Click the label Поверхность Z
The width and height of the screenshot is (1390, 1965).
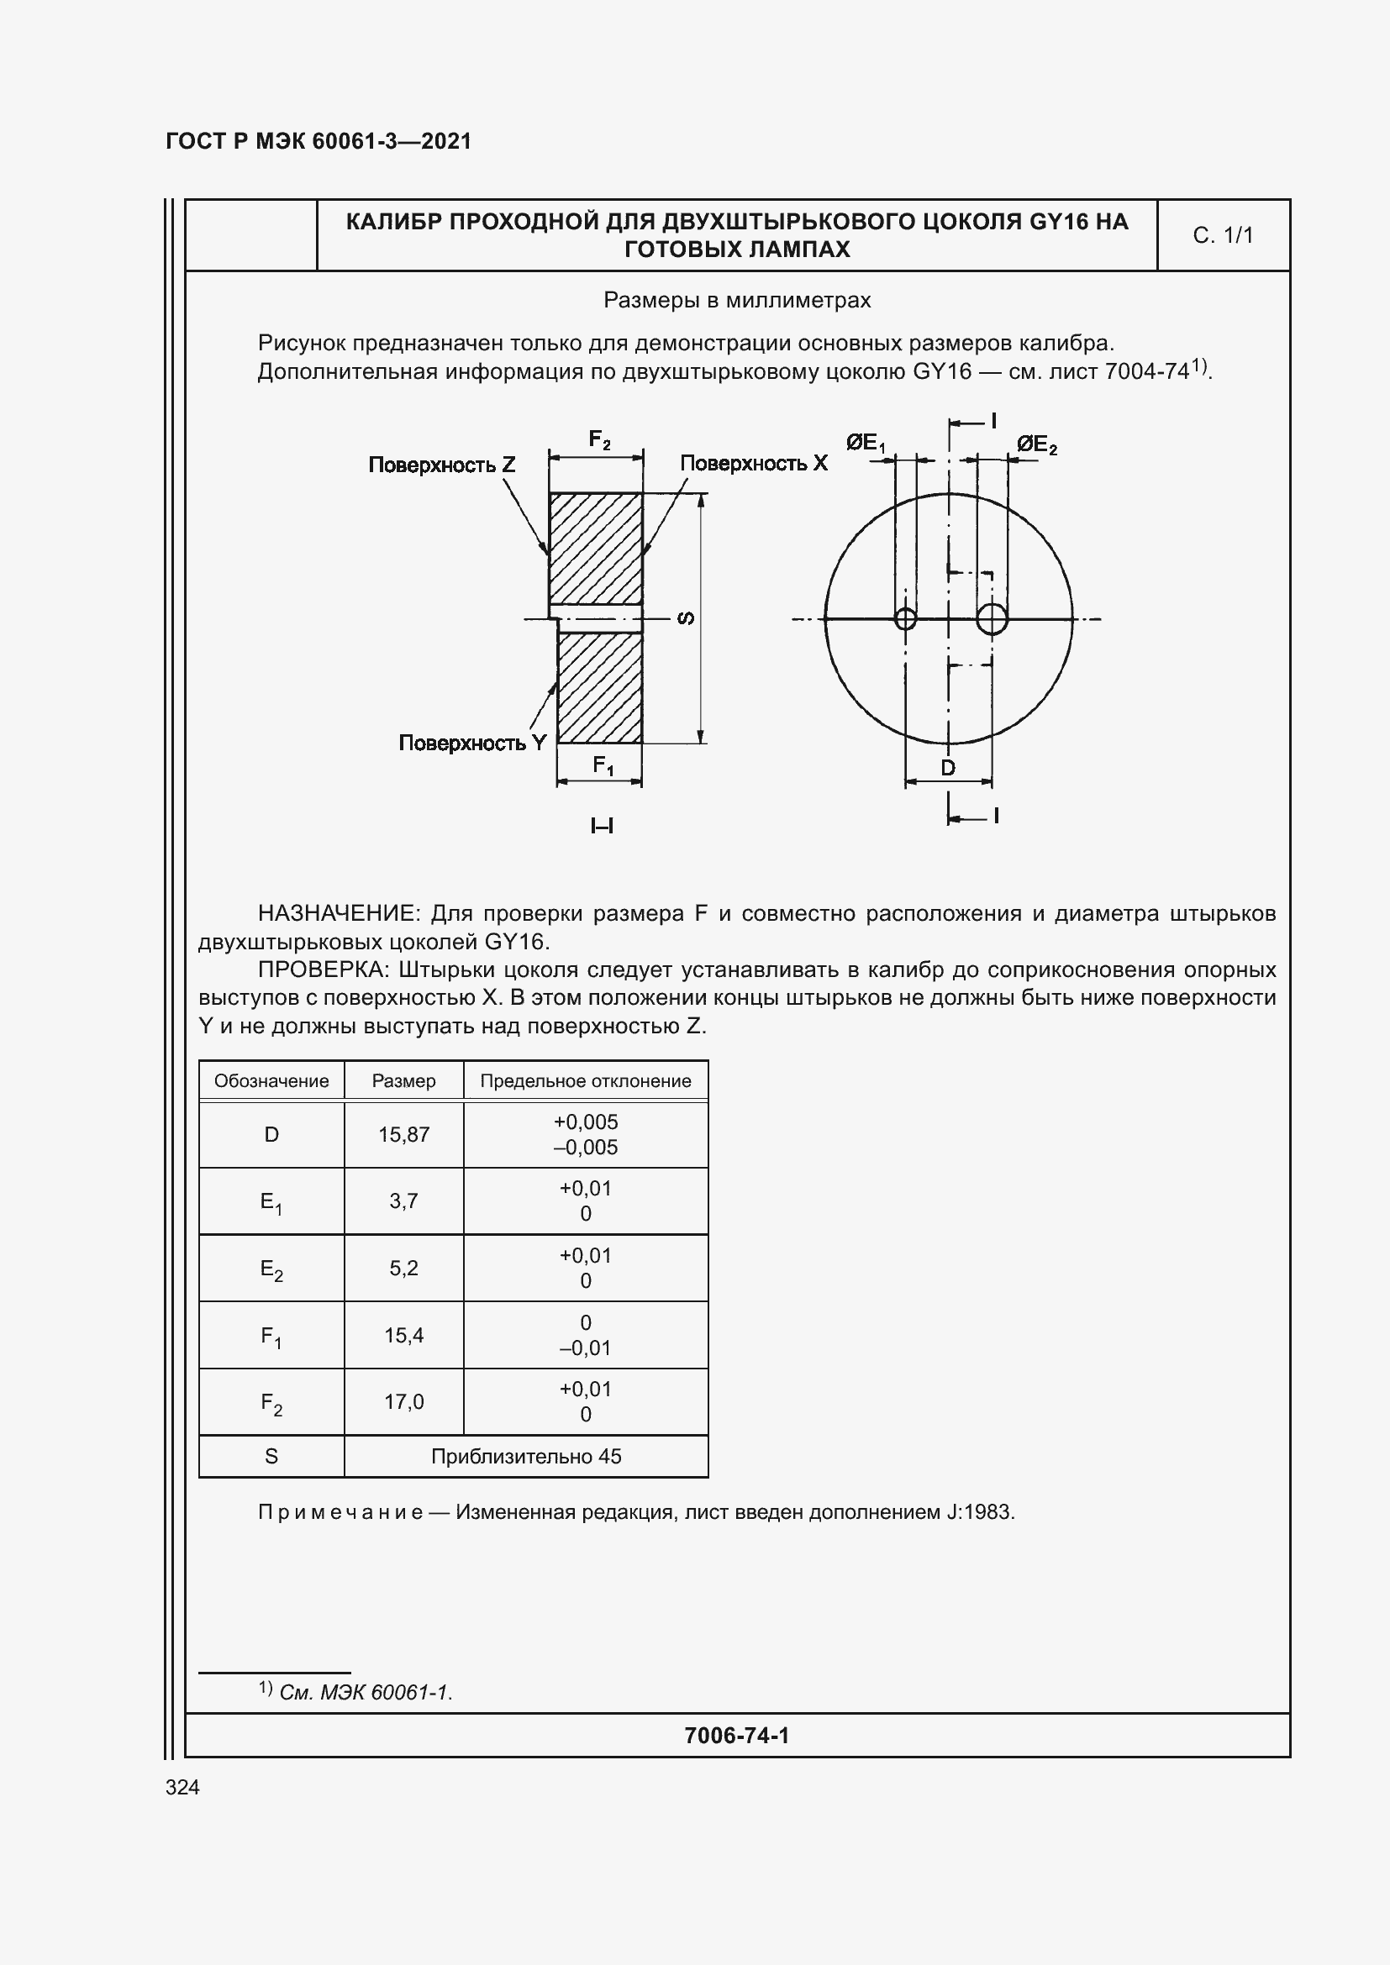(x=442, y=465)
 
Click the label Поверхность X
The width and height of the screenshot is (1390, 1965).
(x=753, y=463)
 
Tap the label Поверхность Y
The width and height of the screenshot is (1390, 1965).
(x=471, y=743)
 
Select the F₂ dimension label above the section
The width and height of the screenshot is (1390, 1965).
(x=599, y=440)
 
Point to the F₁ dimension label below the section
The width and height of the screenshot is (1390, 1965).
(x=603, y=765)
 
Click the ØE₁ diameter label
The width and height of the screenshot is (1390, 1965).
(x=866, y=444)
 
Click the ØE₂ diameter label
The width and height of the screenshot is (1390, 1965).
(x=1036, y=445)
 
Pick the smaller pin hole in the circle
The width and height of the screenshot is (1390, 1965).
(x=905, y=618)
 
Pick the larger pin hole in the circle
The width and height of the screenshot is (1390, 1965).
(x=991, y=618)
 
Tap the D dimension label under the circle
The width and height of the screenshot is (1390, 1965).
(x=947, y=768)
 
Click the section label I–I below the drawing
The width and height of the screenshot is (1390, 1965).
(x=602, y=826)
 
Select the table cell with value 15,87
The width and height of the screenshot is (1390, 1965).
(x=403, y=1135)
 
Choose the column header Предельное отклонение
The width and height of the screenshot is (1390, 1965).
(x=586, y=1081)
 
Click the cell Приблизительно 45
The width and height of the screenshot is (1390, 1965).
(x=525, y=1457)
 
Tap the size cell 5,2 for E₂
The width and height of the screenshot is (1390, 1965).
(x=403, y=1269)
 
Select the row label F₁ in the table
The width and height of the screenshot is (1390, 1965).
(x=271, y=1336)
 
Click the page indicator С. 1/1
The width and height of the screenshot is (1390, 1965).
(x=1222, y=235)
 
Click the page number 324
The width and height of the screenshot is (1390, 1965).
(x=182, y=1787)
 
